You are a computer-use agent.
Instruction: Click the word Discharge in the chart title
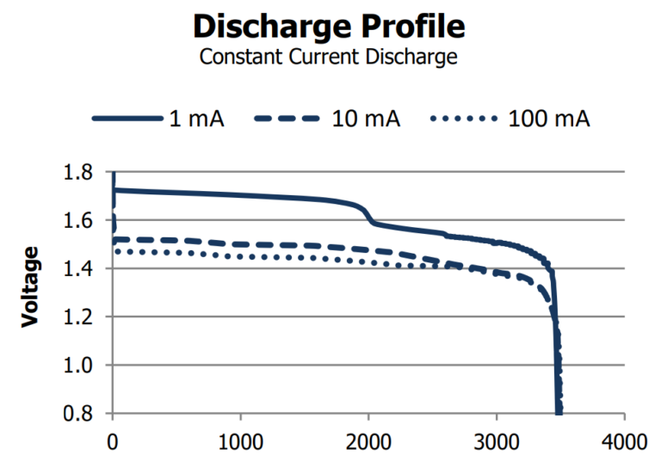(x=266, y=26)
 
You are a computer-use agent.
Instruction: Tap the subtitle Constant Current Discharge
(x=329, y=58)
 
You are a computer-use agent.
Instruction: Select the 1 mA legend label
(x=196, y=119)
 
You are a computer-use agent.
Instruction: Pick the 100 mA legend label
(x=547, y=119)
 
